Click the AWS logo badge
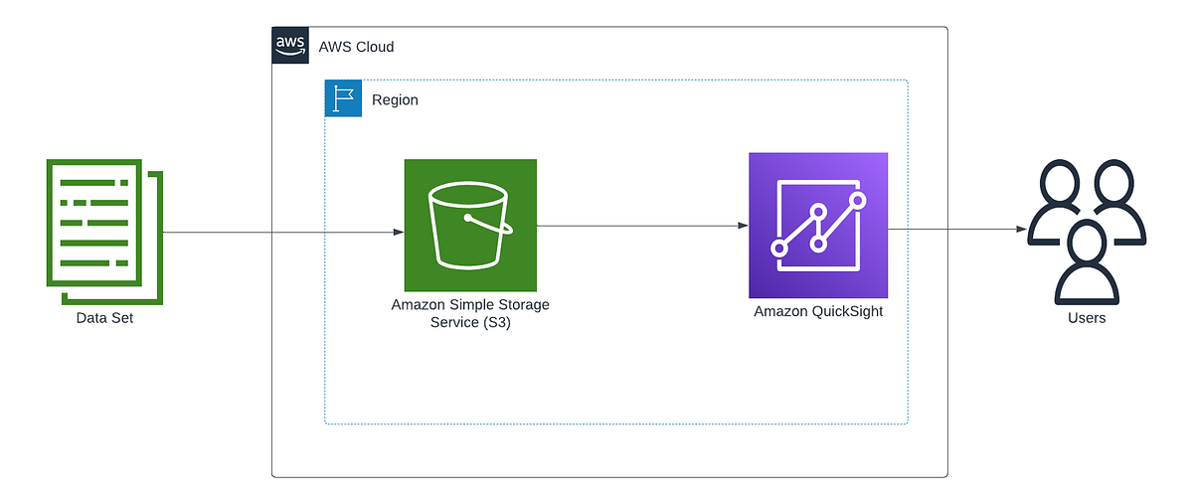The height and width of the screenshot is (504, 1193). pos(289,46)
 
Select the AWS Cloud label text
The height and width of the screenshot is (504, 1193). pos(356,47)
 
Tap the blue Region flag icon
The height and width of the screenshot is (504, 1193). pos(343,99)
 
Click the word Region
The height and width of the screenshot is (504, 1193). pos(395,100)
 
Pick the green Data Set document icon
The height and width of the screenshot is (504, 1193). pos(103,233)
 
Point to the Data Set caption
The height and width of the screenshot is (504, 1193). pos(104,318)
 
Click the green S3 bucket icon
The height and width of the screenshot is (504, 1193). pos(470,225)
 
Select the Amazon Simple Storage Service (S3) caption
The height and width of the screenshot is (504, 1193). pos(470,312)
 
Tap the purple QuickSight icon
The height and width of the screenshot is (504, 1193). pos(817,226)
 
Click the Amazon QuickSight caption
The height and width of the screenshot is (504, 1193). pos(818,311)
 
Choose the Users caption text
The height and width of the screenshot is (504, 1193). pos(1087,318)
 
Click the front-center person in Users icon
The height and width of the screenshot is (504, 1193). pos(1087,263)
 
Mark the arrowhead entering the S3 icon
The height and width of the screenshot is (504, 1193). pos(398,233)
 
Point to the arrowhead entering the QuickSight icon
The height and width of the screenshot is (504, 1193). pos(743,226)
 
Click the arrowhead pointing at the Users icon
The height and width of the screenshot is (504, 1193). pos(1021,229)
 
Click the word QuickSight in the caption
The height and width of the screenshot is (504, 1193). pos(846,311)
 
